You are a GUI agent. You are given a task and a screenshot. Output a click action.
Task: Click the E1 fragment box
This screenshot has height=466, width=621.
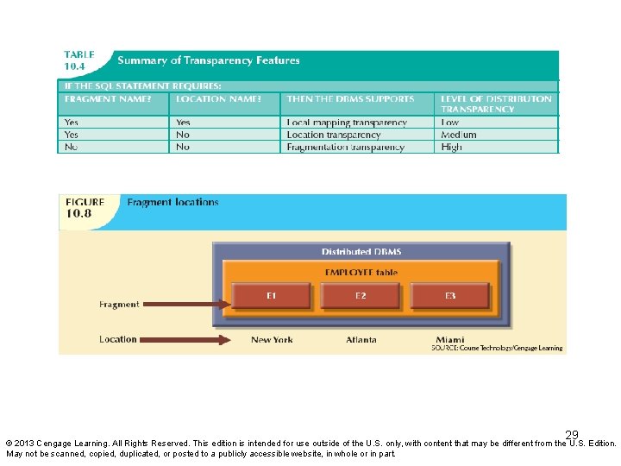271,296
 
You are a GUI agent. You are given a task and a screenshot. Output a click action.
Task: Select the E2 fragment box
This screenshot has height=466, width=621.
361,296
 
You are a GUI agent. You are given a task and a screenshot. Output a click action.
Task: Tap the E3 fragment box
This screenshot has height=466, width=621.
450,296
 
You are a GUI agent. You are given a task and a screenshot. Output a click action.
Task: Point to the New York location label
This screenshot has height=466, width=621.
272,340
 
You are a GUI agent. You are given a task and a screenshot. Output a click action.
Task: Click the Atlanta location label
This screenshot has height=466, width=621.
361,340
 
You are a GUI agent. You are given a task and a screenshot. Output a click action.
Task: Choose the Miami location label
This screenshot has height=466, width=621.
450,340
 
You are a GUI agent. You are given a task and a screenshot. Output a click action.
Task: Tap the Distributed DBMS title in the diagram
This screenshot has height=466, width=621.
361,252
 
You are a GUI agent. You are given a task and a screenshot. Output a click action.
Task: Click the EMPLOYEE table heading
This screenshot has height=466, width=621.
361,272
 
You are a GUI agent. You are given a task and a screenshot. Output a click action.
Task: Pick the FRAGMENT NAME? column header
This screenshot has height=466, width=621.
103,99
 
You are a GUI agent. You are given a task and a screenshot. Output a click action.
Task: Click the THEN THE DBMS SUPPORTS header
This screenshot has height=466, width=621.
350,99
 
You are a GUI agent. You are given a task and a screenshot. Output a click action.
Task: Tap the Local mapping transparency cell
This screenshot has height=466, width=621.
347,123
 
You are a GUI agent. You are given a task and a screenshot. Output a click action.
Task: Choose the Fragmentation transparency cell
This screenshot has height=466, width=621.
345,148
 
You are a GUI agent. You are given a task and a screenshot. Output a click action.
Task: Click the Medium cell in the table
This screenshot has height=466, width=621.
458,135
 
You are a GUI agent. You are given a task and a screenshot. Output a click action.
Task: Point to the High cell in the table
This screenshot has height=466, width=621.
451,148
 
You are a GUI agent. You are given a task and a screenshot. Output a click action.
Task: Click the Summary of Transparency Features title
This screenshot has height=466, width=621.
209,60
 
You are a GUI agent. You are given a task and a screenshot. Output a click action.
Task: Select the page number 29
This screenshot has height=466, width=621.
572,434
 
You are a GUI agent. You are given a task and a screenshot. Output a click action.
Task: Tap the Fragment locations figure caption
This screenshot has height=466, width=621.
172,203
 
